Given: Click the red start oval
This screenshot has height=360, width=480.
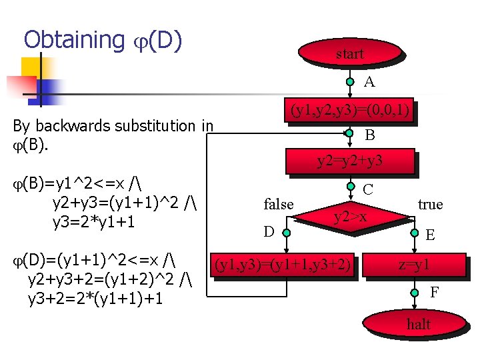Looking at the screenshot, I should click(350, 54).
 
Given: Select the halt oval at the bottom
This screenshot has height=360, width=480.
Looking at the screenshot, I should click(418, 325).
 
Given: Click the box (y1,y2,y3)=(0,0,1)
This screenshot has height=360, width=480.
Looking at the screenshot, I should click(349, 111).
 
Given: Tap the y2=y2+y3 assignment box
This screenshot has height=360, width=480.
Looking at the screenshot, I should click(349, 161).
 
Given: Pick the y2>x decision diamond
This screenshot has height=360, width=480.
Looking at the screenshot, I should click(350, 216).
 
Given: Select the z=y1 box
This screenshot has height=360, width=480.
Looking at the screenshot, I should click(414, 265).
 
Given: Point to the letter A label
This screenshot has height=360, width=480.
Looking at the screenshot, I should click(369, 82).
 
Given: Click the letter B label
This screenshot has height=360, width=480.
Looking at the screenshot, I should click(369, 135).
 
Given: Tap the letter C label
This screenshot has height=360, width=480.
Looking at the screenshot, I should click(367, 189).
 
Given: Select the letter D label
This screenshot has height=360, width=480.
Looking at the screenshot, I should click(269, 232).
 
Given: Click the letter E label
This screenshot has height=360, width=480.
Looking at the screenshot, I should click(431, 235).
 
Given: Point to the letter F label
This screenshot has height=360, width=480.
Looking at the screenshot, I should click(434, 292).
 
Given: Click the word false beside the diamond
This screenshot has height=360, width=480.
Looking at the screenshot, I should click(279, 205).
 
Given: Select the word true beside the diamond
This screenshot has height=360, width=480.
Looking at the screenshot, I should click(430, 204).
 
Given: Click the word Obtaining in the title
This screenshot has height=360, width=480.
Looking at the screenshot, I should click(73, 41).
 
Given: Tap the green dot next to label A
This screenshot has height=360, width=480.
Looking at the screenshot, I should click(350, 83).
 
